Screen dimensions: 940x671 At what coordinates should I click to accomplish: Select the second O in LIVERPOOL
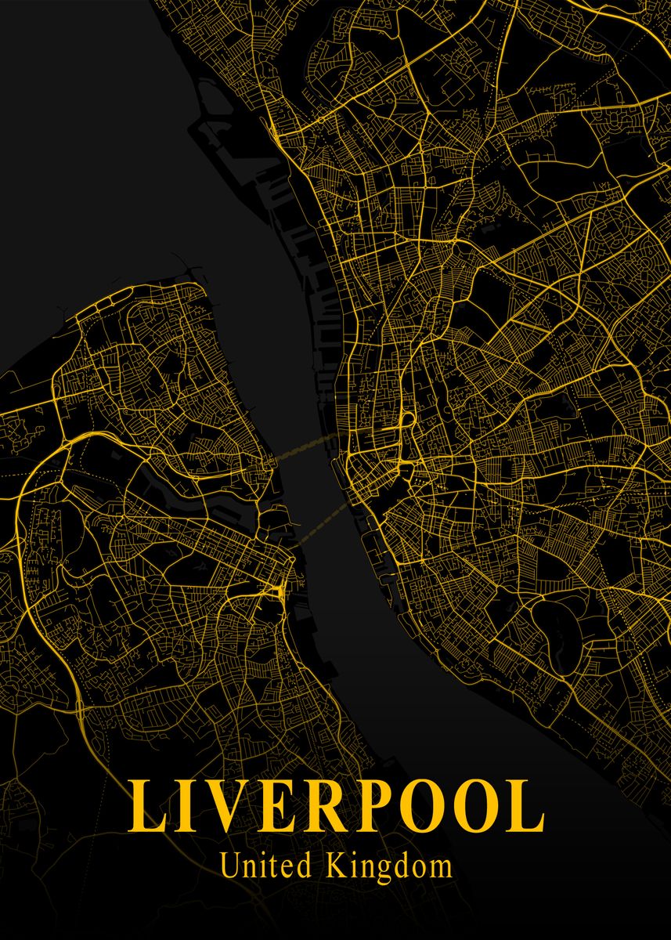(486, 807)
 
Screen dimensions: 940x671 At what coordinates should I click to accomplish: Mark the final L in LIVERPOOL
(529, 807)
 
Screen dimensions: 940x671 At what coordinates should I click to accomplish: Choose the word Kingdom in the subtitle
(389, 867)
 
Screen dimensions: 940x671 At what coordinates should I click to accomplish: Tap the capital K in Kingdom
(336, 866)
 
